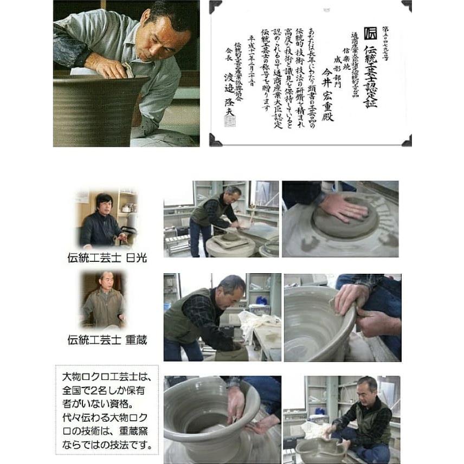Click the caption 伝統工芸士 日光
107,257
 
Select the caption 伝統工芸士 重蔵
107,340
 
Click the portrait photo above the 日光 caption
106,219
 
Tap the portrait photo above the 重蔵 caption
104,300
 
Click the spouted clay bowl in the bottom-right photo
319,449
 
